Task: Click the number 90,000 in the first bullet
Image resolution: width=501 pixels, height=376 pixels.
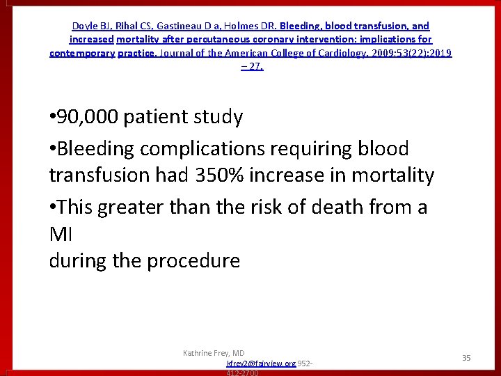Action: [x=88, y=117]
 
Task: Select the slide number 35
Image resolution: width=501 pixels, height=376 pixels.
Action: [x=466, y=358]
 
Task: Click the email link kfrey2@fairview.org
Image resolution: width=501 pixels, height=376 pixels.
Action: [x=260, y=363]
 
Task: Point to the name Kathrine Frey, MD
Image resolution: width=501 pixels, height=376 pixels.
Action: [x=214, y=353]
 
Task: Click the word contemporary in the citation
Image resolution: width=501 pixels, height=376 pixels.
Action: [x=82, y=53]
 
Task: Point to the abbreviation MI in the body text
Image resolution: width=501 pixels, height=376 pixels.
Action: [x=57, y=234]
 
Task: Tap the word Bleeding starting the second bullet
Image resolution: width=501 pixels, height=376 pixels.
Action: [x=97, y=148]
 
